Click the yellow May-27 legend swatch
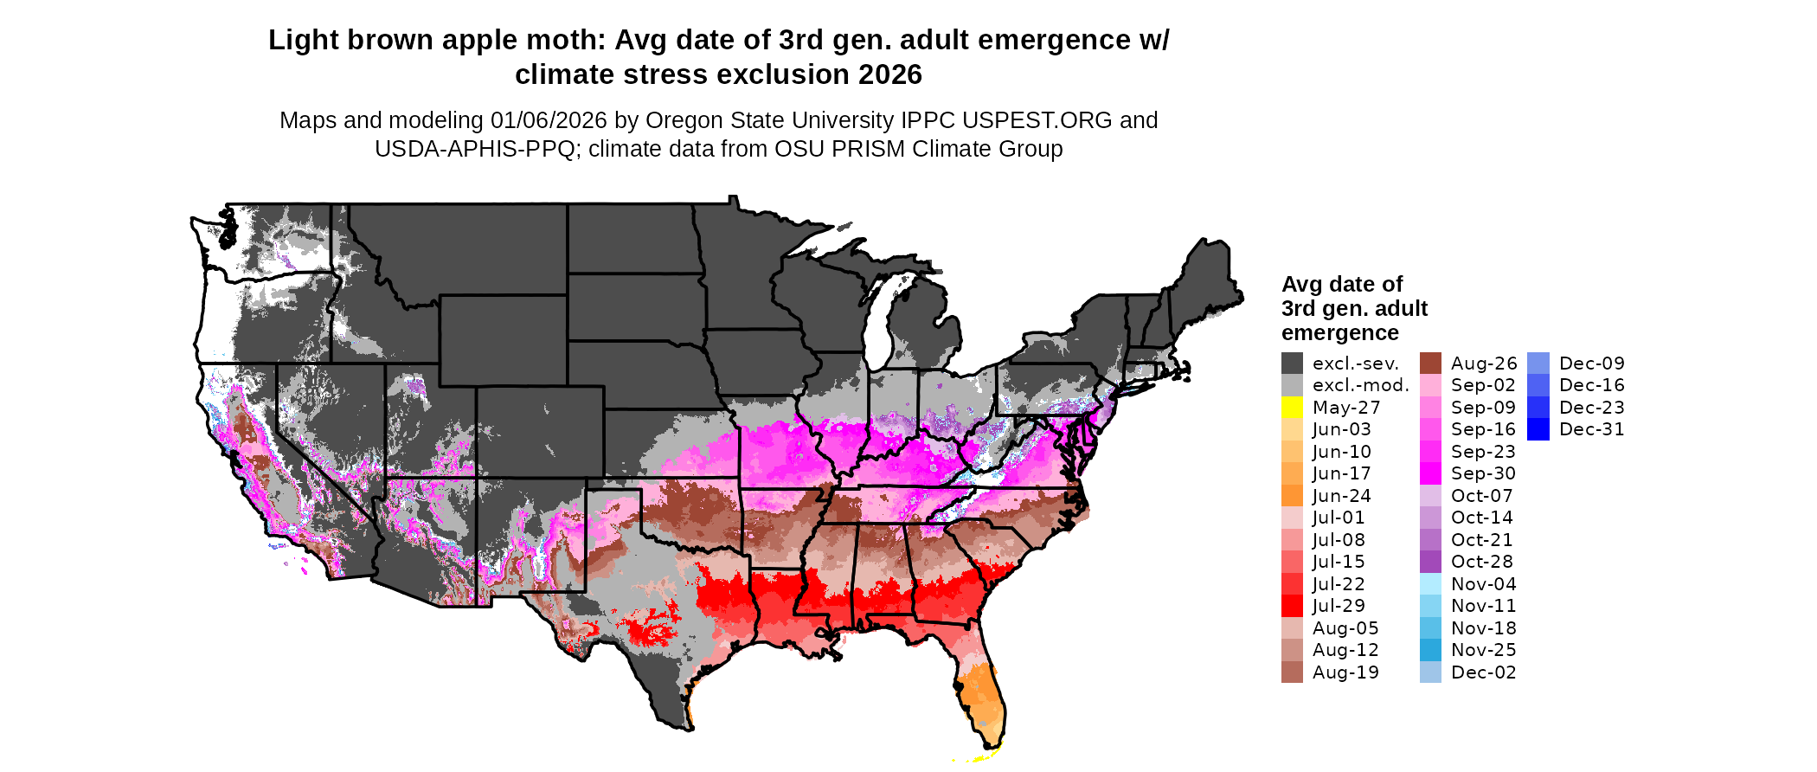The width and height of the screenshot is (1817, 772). [1292, 408]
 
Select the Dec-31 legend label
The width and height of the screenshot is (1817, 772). [1591, 429]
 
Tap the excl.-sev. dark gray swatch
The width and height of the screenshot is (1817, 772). [1292, 363]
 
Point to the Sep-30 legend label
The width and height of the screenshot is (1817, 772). [1483, 473]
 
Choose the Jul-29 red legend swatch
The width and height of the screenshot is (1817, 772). [1292, 606]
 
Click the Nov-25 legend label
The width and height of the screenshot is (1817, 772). [1483, 650]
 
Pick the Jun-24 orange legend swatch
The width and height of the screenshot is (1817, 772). [1292, 496]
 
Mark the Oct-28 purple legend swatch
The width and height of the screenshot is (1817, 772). [1430, 562]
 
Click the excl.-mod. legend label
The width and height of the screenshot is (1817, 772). [1360, 385]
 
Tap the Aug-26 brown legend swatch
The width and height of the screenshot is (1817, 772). [1430, 363]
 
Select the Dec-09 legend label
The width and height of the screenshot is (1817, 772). [1591, 363]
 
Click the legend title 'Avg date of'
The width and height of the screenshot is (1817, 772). [1342, 284]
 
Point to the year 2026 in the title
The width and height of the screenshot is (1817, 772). [890, 74]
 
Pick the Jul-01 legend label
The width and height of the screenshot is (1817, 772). [1338, 518]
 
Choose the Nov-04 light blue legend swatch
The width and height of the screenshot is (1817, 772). [1430, 584]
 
